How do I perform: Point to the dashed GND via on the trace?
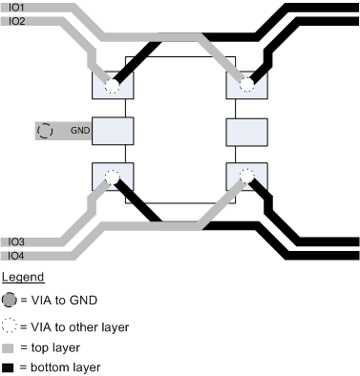tap(45, 130)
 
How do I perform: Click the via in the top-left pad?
tap(112, 86)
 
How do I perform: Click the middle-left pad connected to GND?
tap(111, 130)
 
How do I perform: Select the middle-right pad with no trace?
tap(244, 130)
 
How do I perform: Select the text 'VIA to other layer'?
tap(74, 326)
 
